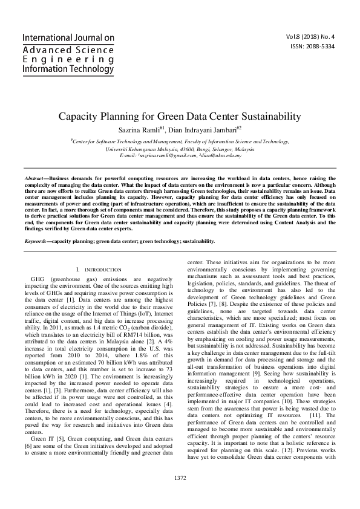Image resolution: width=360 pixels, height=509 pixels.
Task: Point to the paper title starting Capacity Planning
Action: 180,116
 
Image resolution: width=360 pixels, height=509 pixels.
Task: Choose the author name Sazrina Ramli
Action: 142,129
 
